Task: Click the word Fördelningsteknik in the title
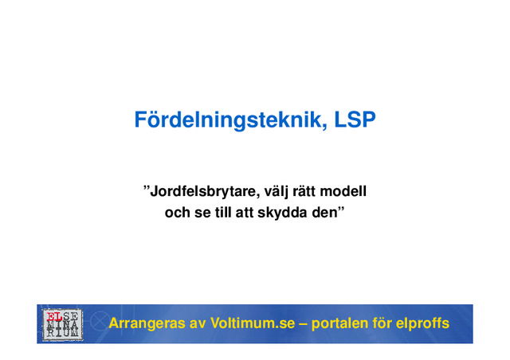pyautogui.click(x=227, y=121)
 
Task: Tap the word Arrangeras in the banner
pyautogui.click(x=146, y=324)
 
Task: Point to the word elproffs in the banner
pyautogui.click(x=422, y=324)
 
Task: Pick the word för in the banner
pyautogui.click(x=386, y=324)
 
